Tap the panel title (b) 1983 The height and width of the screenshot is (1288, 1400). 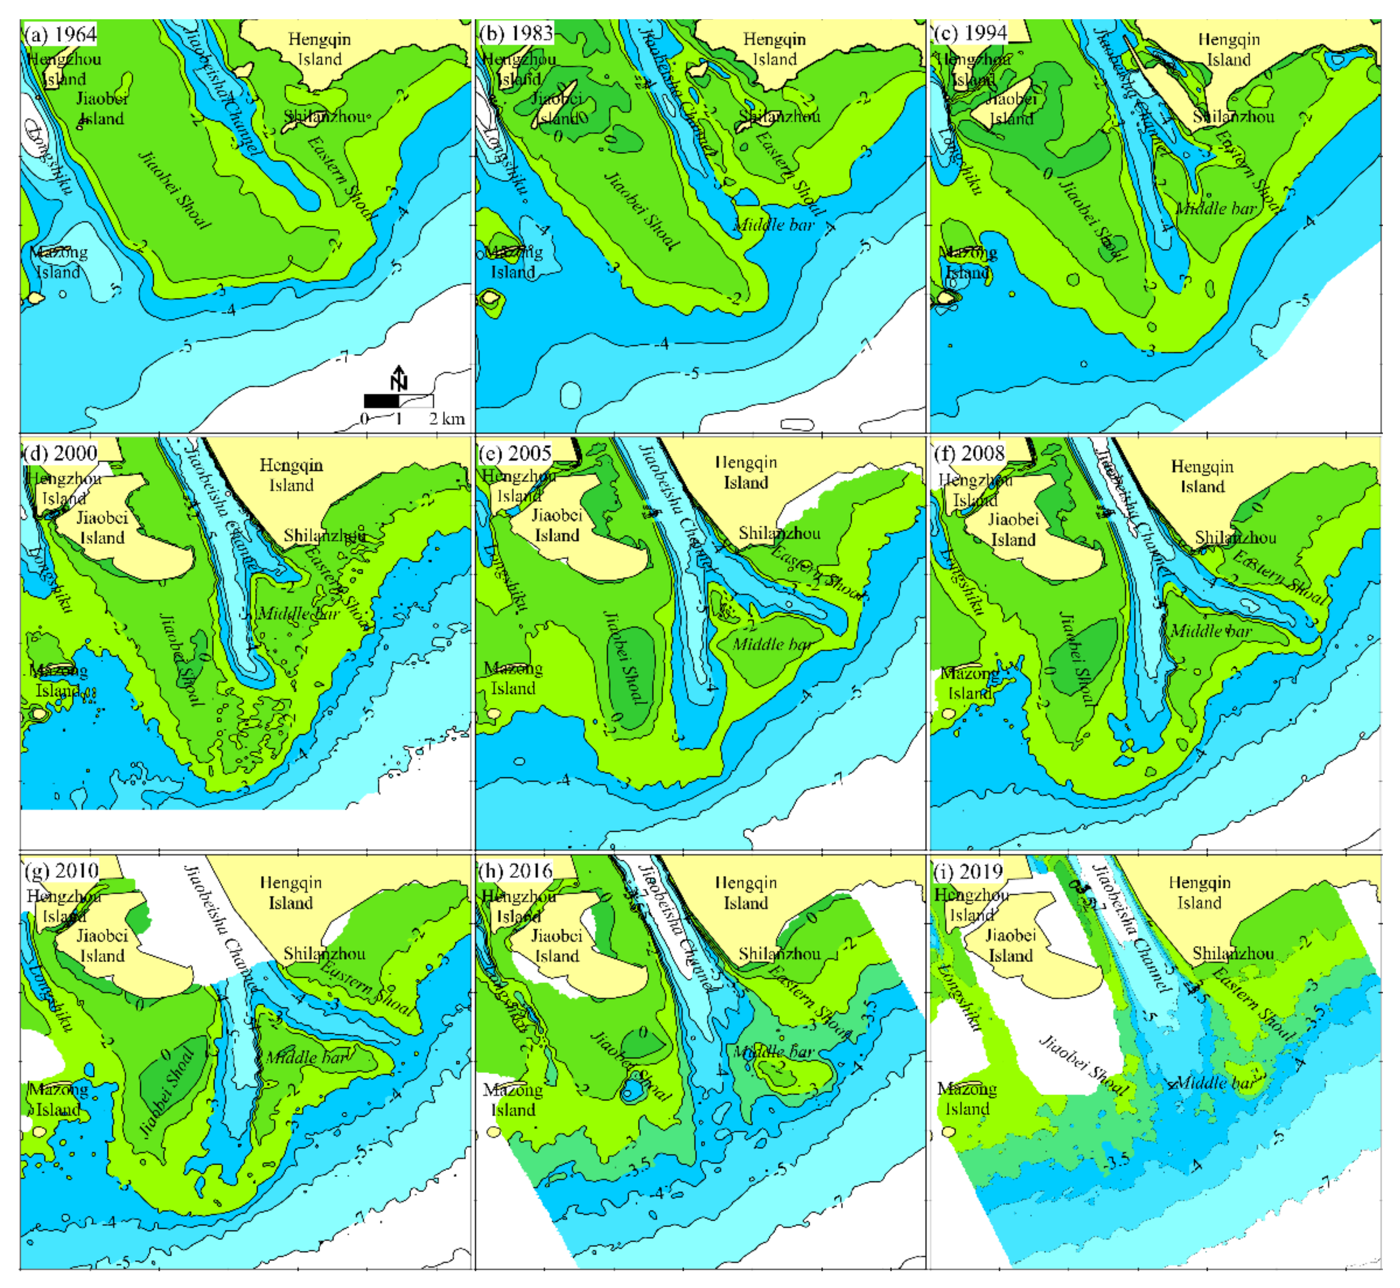click(x=516, y=33)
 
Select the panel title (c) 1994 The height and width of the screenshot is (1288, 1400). click(x=970, y=33)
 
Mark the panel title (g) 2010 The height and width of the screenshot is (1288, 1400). click(x=61, y=871)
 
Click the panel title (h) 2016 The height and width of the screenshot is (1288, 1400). click(x=516, y=871)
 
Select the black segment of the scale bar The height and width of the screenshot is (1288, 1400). click(x=381, y=401)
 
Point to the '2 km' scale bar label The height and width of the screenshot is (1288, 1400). click(x=447, y=418)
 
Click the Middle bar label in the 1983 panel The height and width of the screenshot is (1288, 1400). click(x=774, y=225)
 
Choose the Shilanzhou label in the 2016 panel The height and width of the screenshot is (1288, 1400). click(x=780, y=954)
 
